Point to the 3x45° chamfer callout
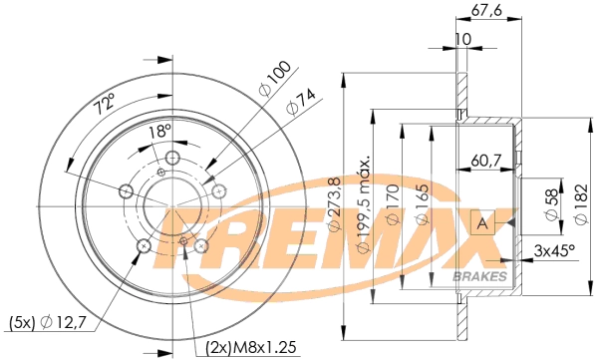coord(553,251)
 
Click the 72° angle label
coord(104,102)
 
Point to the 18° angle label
coord(159,131)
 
